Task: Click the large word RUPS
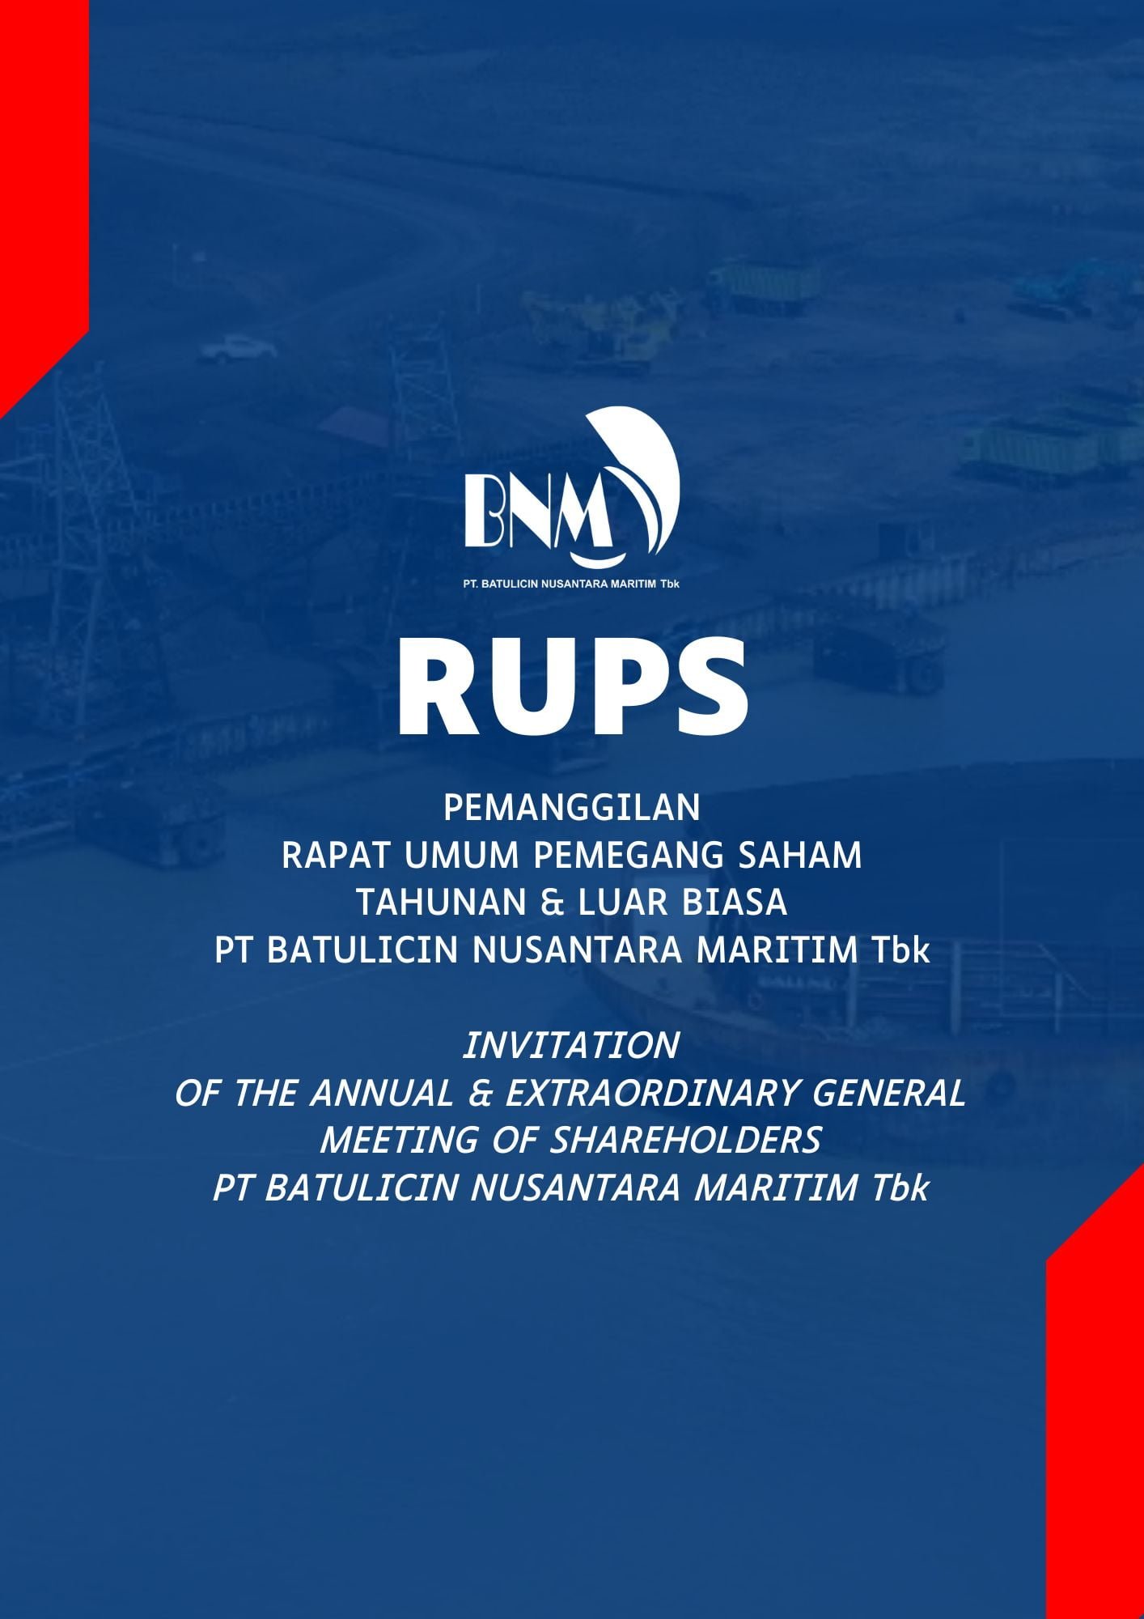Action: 572,688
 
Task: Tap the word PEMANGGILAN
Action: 572,808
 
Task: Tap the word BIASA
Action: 735,903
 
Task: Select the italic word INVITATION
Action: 571,1045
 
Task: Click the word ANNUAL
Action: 382,1093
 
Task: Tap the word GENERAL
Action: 889,1093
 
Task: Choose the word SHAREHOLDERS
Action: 686,1140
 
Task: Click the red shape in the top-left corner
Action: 40,186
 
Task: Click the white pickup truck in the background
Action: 238,349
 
